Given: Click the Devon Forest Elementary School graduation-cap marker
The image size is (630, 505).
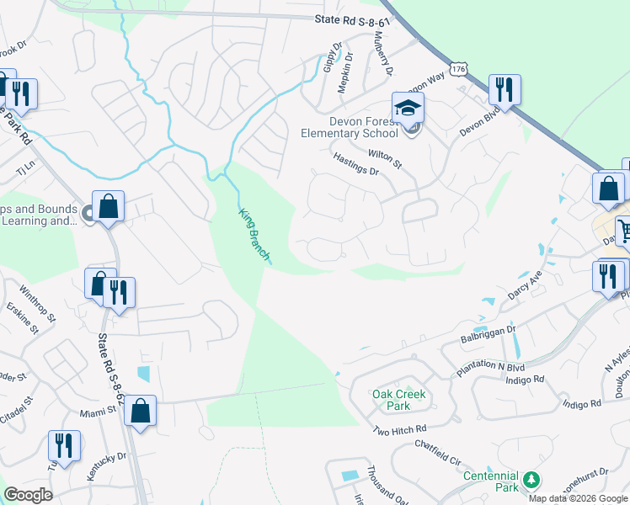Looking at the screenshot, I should pos(408,109).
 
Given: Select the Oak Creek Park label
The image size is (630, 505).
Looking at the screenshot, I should pos(399,400).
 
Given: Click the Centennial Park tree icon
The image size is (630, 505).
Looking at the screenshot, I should pos(531,479).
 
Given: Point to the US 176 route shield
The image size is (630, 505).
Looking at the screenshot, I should pos(458,69).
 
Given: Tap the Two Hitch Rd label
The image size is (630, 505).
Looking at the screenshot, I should pos(400,431).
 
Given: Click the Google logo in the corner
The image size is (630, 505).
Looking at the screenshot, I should pos(28,495).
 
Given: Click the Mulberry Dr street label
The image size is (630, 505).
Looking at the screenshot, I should pos(384,53).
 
